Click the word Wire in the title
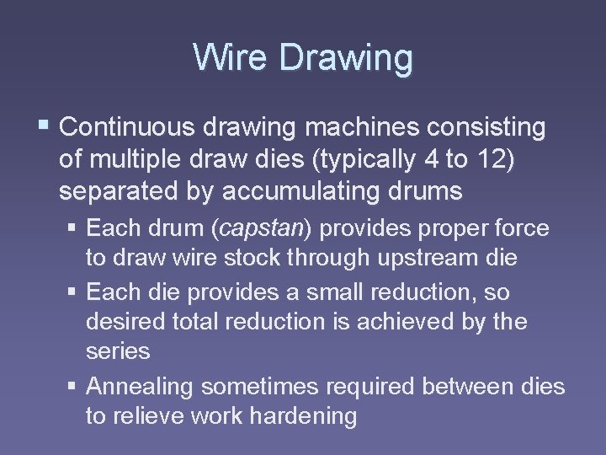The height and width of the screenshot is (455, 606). [231, 58]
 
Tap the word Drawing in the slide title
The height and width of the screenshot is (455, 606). [346, 59]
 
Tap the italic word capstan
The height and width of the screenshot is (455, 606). [264, 228]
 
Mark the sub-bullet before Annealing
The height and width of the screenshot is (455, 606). [75, 388]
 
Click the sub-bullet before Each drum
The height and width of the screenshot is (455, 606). [75, 228]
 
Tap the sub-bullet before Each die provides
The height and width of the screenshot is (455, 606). [75, 292]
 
